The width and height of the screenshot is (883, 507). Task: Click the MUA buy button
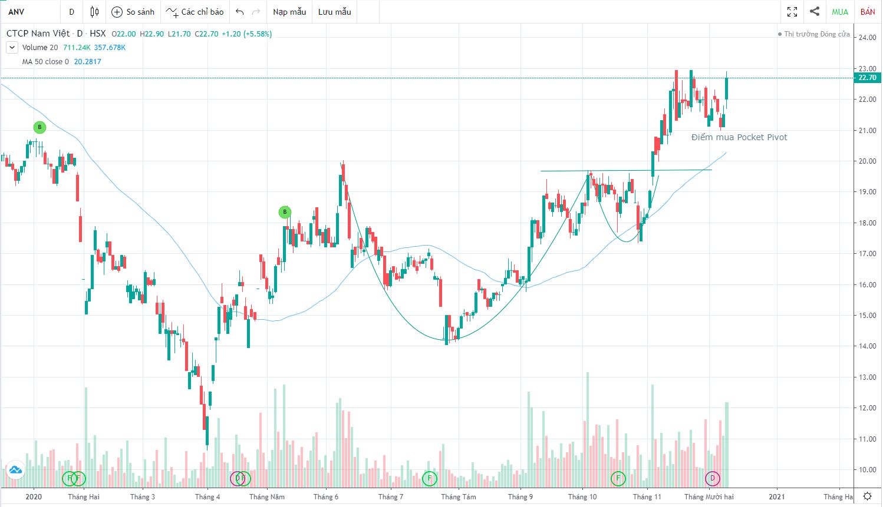839,12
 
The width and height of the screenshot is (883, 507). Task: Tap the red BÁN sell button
868,12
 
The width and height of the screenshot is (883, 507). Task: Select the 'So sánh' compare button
133,12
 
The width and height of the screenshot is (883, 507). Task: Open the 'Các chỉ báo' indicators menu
195,12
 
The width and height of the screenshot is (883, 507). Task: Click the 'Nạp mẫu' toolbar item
289,12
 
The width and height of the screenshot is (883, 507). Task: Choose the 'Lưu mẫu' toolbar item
334,12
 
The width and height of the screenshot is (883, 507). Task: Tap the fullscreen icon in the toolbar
792,12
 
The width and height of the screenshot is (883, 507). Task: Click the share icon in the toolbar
815,12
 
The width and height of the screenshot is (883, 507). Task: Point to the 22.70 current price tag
867,78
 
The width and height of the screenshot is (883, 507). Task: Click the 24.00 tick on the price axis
867,38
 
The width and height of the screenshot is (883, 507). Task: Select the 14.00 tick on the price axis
867,346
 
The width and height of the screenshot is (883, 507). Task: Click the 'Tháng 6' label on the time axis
325,496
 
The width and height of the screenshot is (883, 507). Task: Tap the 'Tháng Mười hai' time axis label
709,496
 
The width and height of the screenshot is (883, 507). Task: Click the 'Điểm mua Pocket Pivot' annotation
739,137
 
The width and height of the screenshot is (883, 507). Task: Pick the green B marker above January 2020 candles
39,127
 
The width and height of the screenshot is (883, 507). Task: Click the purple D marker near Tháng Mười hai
712,478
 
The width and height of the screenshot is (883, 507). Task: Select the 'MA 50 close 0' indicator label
45,61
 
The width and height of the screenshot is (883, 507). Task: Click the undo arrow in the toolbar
239,12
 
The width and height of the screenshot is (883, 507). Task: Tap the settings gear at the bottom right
867,496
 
